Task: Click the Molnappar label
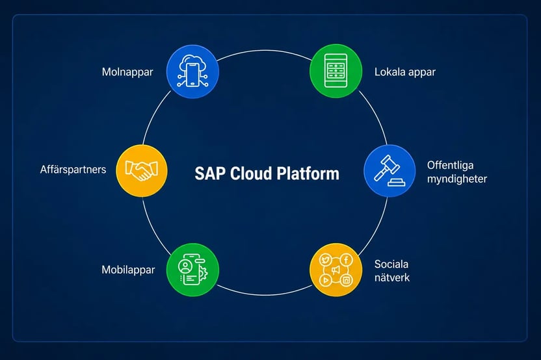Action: coord(127,72)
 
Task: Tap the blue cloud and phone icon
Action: coord(192,71)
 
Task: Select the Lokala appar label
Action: coord(405,72)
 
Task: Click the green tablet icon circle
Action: coord(336,71)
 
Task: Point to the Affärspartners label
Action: coord(73,170)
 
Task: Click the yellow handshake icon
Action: coord(142,171)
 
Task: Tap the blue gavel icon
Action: coord(389,171)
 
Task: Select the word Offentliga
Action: coord(450,165)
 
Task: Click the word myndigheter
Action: coord(457,179)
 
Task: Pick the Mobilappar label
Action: coord(128,270)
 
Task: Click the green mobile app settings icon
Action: coord(192,270)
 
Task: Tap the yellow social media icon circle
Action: coord(336,270)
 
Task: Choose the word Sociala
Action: coord(391,264)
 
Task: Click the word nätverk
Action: coord(392,277)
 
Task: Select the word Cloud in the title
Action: coord(251,174)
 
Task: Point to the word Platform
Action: coord(308,174)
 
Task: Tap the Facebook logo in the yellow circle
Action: coord(346,259)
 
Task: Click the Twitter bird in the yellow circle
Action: coord(325,259)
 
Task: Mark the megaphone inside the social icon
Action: coord(336,270)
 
